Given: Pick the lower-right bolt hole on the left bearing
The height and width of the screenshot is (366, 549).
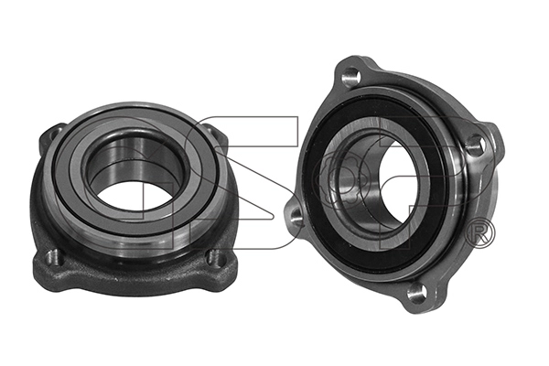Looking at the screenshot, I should click(x=217, y=259).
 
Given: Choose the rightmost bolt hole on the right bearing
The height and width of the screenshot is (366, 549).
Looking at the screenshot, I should click(x=473, y=144).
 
